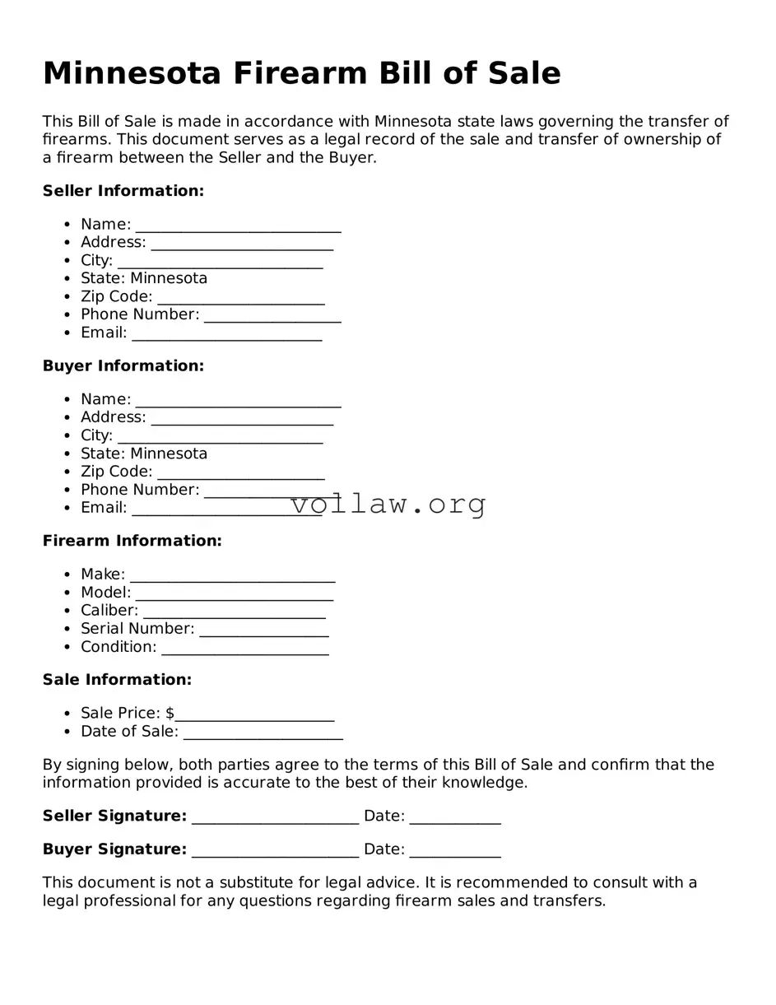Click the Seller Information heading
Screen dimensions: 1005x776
pyautogui.click(x=123, y=191)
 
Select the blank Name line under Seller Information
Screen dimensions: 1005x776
pyautogui.click(x=238, y=226)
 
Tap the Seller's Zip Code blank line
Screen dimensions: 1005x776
pyautogui.click(x=240, y=297)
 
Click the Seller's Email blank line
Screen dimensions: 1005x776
pyautogui.click(x=226, y=333)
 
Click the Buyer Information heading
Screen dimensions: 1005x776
pyautogui.click(x=123, y=365)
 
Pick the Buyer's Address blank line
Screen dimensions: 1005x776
pyautogui.click(x=242, y=418)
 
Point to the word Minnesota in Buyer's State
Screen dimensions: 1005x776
pyautogui.click(x=169, y=454)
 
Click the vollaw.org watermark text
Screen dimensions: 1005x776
pyautogui.click(x=388, y=503)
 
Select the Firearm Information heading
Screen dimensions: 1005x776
pyautogui.click(x=132, y=541)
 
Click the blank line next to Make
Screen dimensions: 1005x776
pyautogui.click(x=232, y=575)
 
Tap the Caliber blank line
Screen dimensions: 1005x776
pyautogui.click(x=235, y=612)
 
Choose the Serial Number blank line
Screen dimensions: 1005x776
pyautogui.click(x=263, y=630)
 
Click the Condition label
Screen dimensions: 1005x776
pyautogui.click(x=118, y=647)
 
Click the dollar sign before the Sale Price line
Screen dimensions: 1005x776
pyautogui.click(x=170, y=713)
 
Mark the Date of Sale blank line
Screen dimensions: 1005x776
pyautogui.click(x=263, y=733)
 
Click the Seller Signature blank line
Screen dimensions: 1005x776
pyautogui.click(x=275, y=817)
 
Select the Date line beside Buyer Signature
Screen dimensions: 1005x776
pyautogui.click(x=454, y=850)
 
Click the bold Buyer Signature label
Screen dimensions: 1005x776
pyautogui.click(x=114, y=849)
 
